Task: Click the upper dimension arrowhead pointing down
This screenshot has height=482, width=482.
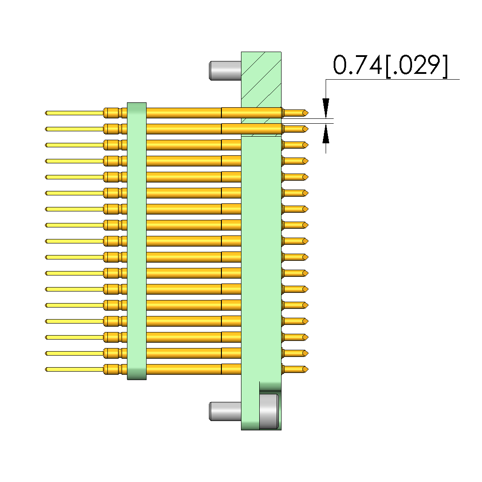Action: (326, 108)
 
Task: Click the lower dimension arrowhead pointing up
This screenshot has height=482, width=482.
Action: (326, 134)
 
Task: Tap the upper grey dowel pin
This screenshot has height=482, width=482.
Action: (225, 71)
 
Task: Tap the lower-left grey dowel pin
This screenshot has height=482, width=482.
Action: (225, 412)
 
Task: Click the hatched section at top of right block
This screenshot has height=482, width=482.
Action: (261, 94)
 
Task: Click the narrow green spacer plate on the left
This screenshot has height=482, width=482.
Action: (137, 241)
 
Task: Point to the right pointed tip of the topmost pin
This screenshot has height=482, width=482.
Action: (308, 113)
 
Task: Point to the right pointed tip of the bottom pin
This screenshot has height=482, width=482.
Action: (308, 369)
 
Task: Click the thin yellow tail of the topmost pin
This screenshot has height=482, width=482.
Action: (74, 113)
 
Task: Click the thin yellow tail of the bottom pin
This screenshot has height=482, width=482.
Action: (74, 369)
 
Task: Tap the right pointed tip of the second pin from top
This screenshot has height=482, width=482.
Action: (308, 129)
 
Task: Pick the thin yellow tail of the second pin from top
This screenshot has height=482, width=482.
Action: (74, 129)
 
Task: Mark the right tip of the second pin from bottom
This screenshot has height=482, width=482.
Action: (308, 353)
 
